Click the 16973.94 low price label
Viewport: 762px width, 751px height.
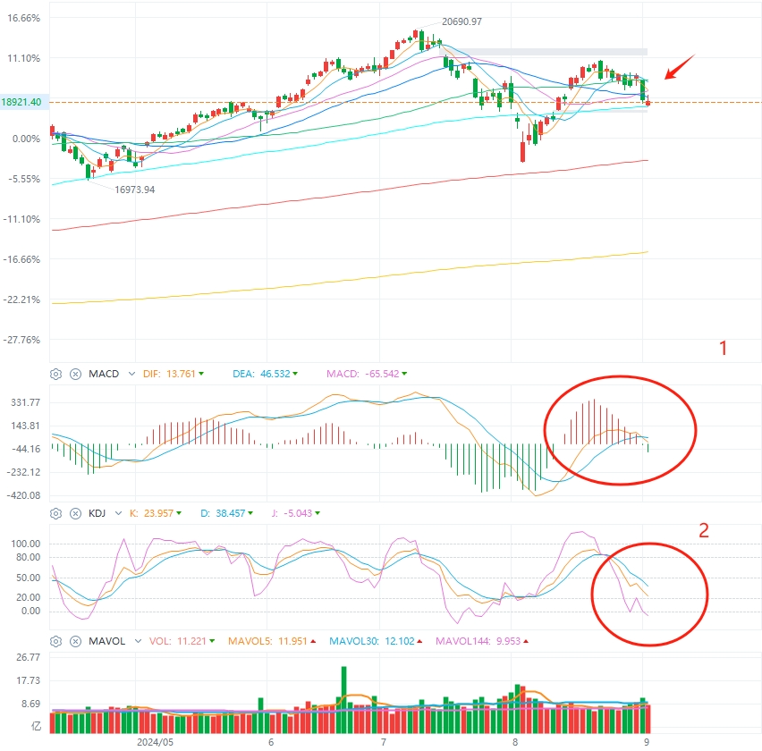click(135, 190)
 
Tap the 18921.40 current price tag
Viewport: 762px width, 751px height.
click(22, 103)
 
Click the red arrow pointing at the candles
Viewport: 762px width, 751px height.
click(676, 68)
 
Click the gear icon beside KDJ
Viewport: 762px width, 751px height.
click(55, 514)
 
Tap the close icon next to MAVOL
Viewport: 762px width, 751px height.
click(76, 641)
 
